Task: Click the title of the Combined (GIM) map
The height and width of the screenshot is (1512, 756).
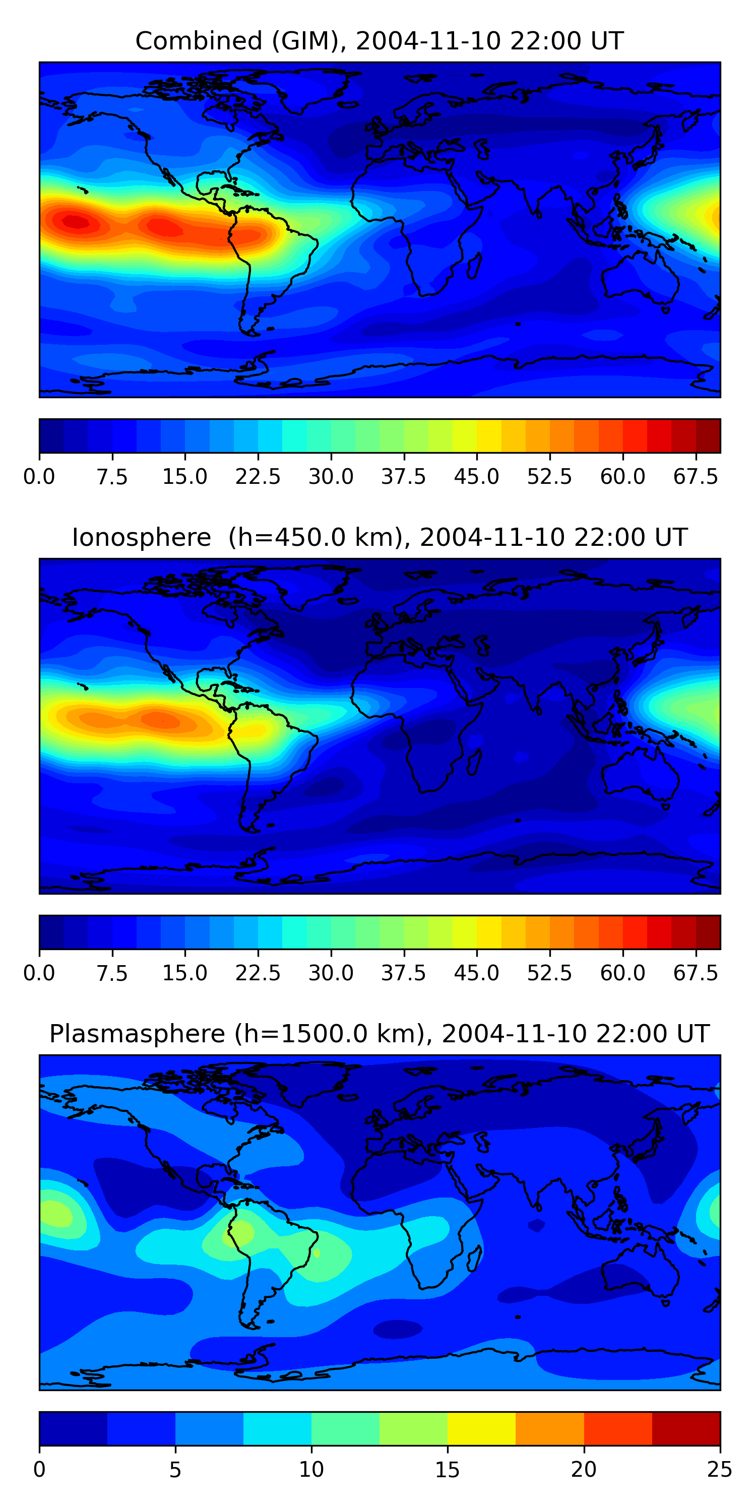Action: (x=379, y=41)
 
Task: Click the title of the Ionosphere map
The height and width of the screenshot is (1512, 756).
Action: (x=379, y=538)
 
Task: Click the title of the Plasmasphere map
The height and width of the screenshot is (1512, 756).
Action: (x=379, y=1034)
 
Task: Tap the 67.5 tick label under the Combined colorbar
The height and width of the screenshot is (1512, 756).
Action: (x=696, y=477)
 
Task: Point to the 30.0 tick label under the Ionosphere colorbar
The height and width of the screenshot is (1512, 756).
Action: (x=331, y=973)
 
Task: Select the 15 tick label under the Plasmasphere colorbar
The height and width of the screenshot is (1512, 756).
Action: (x=447, y=1470)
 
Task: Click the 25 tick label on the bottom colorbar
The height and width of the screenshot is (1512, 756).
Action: (x=720, y=1470)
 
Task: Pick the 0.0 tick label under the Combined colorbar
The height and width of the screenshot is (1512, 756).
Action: (x=39, y=477)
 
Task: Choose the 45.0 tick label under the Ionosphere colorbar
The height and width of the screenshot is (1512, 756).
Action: (x=477, y=973)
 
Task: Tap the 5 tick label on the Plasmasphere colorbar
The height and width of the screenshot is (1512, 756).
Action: (x=175, y=1470)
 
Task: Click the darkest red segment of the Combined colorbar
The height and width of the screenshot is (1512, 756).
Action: (x=708, y=435)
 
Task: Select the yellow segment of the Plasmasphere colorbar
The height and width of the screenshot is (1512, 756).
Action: (x=481, y=1429)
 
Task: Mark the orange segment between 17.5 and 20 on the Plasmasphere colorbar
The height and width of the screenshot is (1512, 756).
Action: (x=549, y=1429)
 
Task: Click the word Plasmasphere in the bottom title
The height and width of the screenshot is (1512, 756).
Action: (x=137, y=1034)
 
